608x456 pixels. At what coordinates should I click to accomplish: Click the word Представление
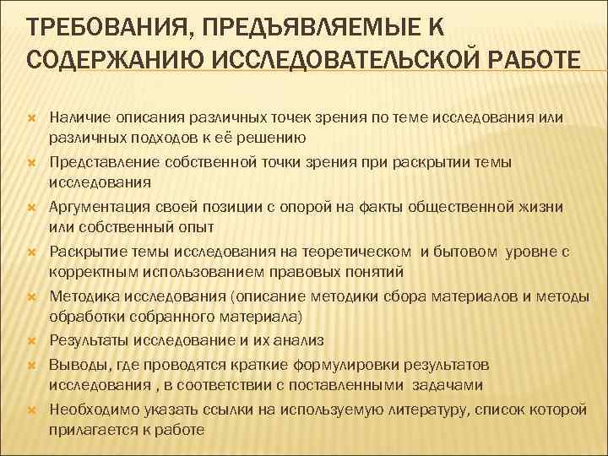pyautogui.click(x=96, y=161)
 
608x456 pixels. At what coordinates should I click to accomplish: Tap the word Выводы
pyautogui.click(x=74, y=363)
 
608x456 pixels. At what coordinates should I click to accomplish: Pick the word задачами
pyautogui.click(x=448, y=385)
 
